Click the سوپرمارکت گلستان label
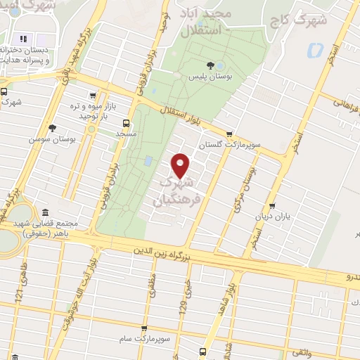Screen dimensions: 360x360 point(229,144)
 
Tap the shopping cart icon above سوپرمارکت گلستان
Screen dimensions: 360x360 point(229,134)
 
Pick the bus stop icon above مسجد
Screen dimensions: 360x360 point(126,122)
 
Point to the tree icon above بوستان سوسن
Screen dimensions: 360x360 point(52,128)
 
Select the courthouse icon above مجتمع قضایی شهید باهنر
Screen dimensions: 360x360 point(46,213)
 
